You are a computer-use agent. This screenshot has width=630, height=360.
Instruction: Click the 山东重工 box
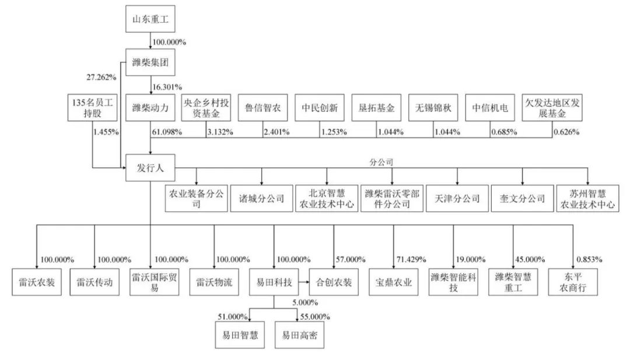point(150,20)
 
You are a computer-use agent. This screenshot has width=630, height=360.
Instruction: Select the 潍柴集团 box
point(150,62)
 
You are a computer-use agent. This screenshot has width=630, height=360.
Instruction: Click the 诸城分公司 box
point(262,198)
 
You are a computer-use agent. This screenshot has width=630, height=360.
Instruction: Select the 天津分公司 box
point(457,198)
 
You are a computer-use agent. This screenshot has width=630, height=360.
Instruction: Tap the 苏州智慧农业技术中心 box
point(587,198)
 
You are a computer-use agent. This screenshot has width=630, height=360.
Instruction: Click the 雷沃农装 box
point(37,283)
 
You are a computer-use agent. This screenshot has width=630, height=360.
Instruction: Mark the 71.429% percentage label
point(411,259)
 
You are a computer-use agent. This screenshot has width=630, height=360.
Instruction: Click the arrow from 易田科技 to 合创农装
point(303,283)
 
